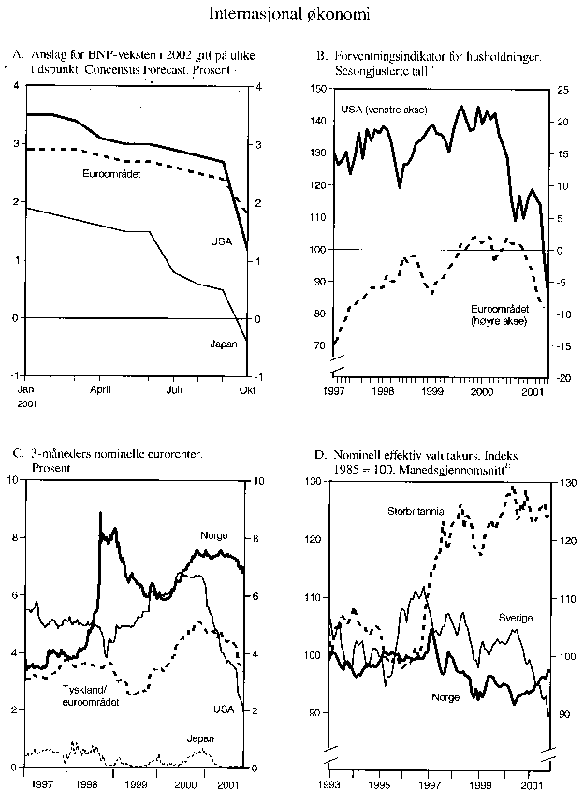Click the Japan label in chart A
tap(222, 344)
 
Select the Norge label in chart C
tap(214, 535)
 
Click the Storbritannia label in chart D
tap(418, 511)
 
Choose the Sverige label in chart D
tap(515, 619)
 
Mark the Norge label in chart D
tap(445, 696)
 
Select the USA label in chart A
tap(221, 241)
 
